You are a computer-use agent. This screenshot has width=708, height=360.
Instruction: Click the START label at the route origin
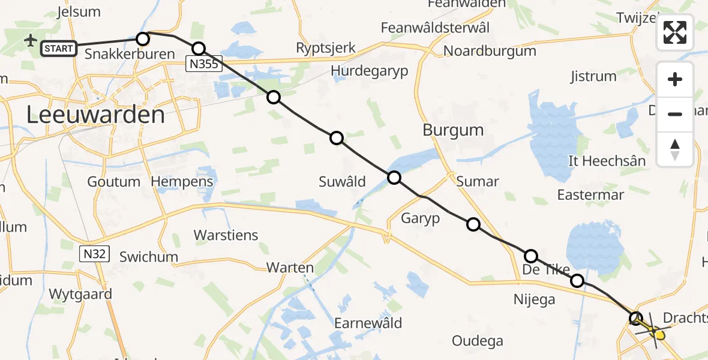59,48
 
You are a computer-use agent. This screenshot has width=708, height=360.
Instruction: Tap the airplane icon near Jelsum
31,40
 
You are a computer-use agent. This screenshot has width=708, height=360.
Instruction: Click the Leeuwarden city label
96,115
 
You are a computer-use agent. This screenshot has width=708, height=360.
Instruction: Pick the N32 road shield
95,254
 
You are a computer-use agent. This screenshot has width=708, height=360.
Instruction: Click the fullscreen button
675,32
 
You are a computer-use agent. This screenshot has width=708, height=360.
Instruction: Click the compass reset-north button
675,149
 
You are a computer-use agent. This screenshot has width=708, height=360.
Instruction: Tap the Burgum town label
453,130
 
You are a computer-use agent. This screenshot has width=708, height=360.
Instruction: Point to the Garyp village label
421,218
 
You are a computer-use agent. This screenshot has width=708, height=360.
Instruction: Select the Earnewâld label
368,323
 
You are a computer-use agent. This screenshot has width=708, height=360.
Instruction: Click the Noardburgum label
490,51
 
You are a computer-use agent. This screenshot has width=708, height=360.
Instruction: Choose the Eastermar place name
590,194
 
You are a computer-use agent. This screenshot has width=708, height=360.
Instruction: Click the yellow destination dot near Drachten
659,335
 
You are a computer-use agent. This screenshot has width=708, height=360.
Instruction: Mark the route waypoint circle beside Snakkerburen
143,39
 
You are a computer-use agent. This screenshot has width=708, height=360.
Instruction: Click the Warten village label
290,268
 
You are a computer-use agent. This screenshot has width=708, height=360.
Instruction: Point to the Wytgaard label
80,294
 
